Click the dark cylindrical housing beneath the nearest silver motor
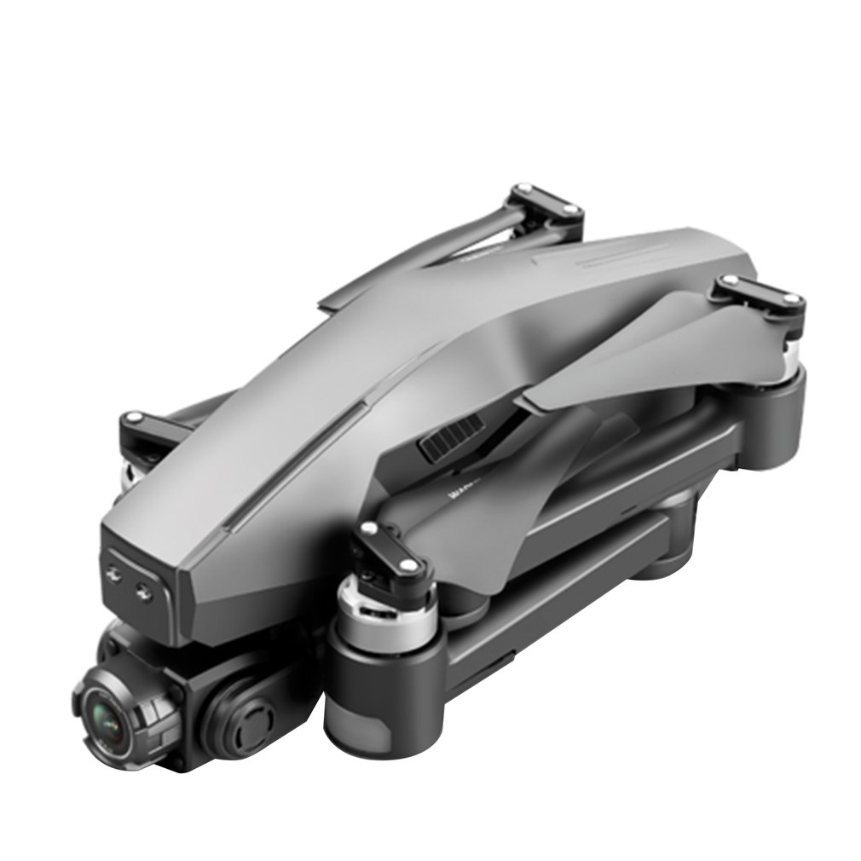(x=384, y=699)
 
